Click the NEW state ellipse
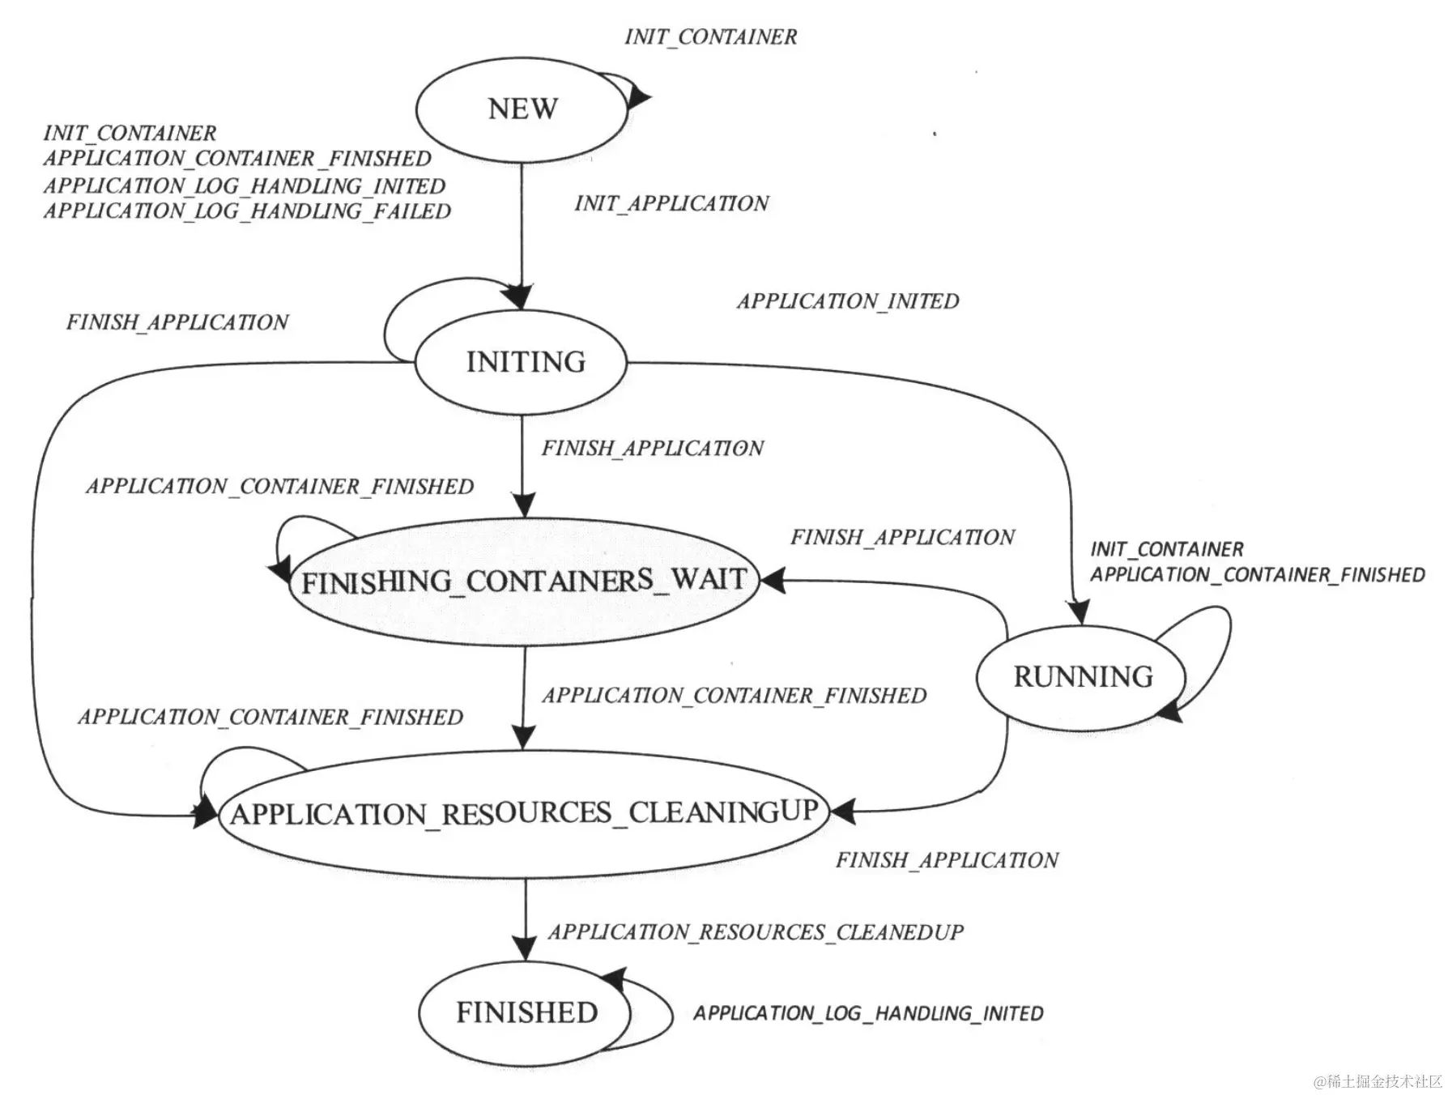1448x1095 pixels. tap(522, 109)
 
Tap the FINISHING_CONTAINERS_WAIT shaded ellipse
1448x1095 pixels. tap(523, 582)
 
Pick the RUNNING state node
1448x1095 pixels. tap(1082, 677)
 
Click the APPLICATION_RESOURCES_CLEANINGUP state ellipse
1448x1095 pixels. tap(524, 813)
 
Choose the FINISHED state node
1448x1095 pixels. tap(526, 1012)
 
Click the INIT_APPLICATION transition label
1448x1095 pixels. tap(671, 203)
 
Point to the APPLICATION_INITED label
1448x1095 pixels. tap(847, 301)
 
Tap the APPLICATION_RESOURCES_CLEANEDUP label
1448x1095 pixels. tap(756, 932)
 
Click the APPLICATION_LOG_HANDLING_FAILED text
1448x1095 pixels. tap(247, 211)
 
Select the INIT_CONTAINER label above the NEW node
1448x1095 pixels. tap(710, 37)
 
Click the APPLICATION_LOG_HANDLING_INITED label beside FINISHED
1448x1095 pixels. tap(867, 1013)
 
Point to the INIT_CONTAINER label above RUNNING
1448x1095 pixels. tap(1166, 549)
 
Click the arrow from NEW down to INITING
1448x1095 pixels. tap(522, 235)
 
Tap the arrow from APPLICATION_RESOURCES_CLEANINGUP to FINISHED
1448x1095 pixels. tap(526, 919)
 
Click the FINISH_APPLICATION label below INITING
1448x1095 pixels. tap(652, 449)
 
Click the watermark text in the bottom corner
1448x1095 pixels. tap(1378, 1081)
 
